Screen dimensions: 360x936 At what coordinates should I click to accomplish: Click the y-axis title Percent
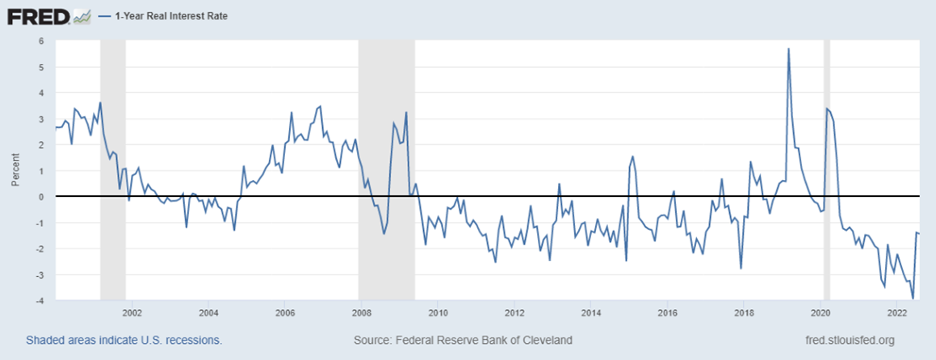tap(15, 172)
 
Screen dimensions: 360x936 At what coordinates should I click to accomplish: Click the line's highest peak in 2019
tap(788, 49)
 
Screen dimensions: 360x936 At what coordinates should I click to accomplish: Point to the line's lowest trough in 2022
tap(913, 299)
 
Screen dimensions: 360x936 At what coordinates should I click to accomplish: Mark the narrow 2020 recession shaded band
tap(826, 170)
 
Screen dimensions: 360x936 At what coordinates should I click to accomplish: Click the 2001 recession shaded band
tap(113, 170)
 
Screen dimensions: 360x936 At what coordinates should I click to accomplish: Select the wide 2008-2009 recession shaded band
tap(387, 170)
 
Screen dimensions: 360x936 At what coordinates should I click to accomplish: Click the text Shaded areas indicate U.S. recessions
tap(124, 341)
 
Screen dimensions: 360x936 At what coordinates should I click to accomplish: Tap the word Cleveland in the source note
tap(548, 341)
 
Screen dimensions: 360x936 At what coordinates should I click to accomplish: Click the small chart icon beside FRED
tap(82, 15)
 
